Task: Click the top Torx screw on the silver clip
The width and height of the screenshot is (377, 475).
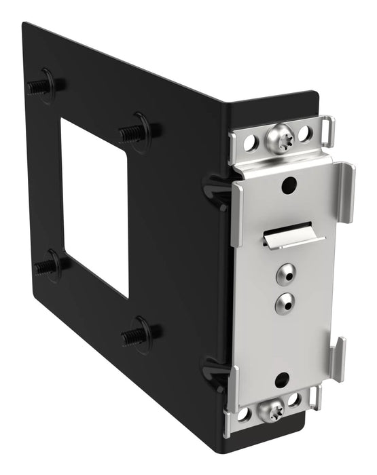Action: [279, 139]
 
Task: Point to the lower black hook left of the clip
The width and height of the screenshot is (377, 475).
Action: [214, 370]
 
